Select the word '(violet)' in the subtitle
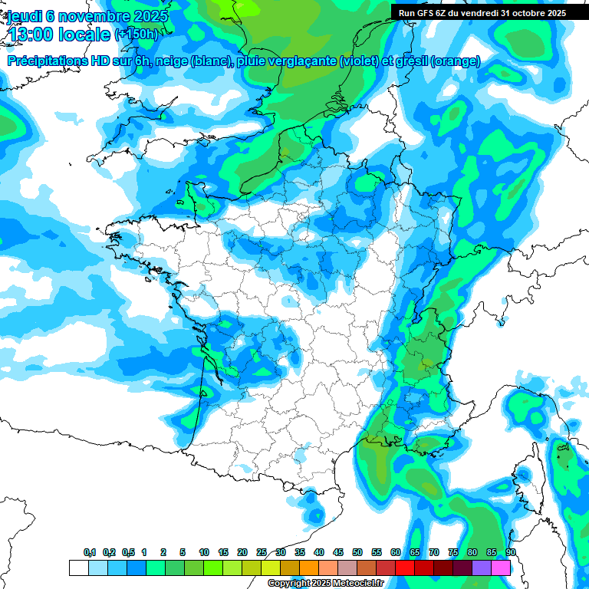(x=359, y=61)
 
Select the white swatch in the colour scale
(x=78, y=568)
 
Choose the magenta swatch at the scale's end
(x=501, y=568)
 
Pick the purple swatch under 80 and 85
(x=482, y=568)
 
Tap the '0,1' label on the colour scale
(x=89, y=553)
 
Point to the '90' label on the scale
(x=510, y=553)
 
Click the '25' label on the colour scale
(x=262, y=553)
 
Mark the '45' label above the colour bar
(x=338, y=553)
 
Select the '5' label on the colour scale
(x=183, y=553)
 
